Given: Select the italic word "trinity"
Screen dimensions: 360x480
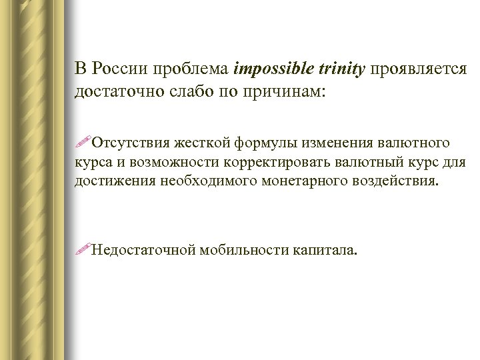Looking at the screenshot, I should point(340,69).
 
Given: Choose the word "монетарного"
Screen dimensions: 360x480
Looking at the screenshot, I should point(285,180).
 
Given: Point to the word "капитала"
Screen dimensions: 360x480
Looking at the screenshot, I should point(324,251).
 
